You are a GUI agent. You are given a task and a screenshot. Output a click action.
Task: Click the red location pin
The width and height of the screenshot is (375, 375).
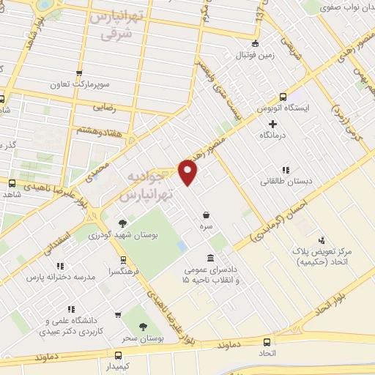click(188, 172)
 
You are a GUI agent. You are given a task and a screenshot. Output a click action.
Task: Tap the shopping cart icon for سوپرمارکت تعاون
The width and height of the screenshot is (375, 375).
click(79, 73)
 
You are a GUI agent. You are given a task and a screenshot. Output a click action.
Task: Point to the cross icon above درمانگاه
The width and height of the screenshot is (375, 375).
click(272, 124)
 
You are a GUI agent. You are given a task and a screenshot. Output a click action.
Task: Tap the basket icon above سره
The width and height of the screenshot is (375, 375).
click(207, 215)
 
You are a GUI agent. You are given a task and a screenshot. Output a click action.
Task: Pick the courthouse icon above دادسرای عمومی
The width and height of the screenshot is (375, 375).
click(211, 258)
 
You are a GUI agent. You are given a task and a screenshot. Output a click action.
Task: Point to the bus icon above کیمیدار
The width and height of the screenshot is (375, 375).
click(113, 353)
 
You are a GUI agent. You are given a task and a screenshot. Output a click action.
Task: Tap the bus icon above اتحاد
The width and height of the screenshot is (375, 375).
click(267, 342)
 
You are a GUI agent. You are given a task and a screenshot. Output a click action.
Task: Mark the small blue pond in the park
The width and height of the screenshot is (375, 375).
click(181, 247)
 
